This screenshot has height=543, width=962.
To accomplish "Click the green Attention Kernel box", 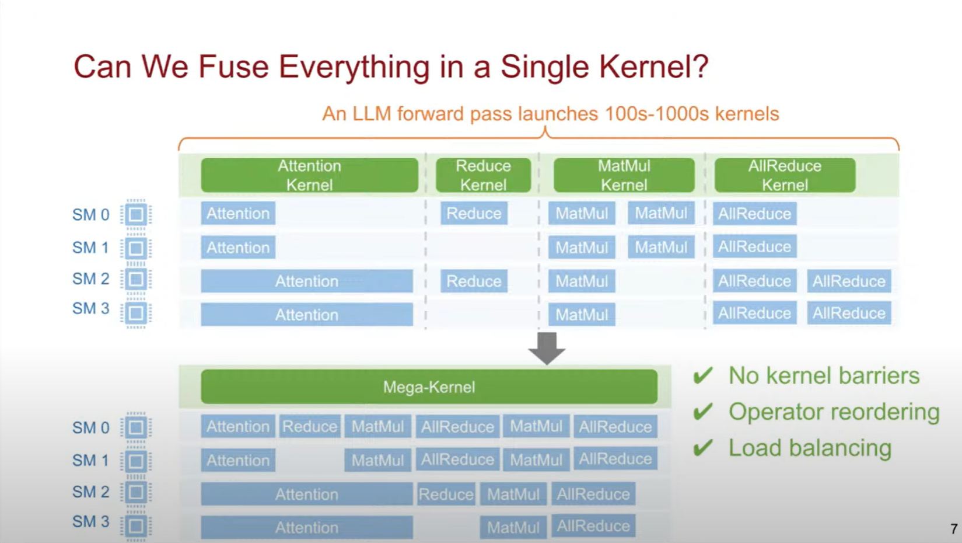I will click(309, 175).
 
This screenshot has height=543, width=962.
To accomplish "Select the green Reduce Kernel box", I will click(483, 175).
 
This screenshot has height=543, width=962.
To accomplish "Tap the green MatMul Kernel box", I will click(624, 175).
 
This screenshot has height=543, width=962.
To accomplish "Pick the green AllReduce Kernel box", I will click(785, 175).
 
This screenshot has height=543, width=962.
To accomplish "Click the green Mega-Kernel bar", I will click(429, 387).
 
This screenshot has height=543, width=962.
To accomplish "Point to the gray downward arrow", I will click(547, 348).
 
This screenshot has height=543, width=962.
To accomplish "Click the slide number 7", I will click(953, 529).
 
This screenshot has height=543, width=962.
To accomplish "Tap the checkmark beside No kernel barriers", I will click(703, 375).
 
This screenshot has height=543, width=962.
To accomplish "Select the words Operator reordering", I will click(834, 412).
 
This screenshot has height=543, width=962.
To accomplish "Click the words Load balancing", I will click(810, 448).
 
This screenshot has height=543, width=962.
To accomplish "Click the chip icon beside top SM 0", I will click(136, 214).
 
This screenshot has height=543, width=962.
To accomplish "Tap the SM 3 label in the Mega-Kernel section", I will click(90, 521).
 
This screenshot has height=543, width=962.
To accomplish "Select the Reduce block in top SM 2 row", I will click(474, 281).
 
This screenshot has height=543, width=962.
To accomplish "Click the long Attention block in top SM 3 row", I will click(307, 315).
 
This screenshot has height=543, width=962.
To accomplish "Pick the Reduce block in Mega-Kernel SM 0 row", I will click(309, 426).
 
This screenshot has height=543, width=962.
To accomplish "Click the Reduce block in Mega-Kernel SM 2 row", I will click(446, 494).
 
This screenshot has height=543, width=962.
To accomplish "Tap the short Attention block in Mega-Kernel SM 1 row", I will click(238, 460).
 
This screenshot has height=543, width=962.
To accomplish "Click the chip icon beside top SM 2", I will click(136, 279).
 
